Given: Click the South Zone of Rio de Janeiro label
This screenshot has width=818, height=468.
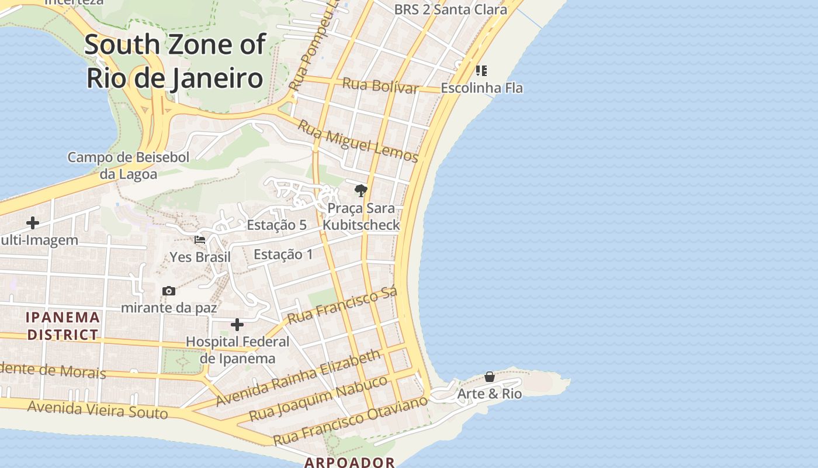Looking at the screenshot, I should (175, 61).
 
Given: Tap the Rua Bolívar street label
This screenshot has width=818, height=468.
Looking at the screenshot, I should (380, 85).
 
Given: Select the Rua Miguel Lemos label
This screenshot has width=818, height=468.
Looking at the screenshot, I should (358, 141).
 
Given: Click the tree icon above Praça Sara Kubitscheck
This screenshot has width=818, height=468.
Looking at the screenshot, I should (361, 190).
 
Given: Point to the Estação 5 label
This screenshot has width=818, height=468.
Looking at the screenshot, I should (276, 225).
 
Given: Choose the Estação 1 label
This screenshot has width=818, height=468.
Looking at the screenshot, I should (283, 254).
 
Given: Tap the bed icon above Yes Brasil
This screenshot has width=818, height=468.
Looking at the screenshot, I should (200, 240).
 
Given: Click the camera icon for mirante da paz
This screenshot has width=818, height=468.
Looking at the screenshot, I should (169, 291).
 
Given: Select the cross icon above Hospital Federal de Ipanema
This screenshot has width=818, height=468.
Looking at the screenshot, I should (237, 325).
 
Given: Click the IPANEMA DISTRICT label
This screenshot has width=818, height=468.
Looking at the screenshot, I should (63, 326).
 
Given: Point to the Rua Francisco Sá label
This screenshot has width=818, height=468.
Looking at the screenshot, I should (343, 305).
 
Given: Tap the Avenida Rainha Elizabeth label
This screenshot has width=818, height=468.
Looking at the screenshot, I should (298, 378).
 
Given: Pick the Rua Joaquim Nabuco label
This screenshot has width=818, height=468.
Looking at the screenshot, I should (318, 398).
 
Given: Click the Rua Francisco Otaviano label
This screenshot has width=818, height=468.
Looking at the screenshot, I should (351, 420).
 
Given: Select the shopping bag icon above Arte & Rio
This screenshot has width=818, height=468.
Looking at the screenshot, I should (490, 377).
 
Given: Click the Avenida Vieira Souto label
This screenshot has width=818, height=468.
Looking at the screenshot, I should (98, 410).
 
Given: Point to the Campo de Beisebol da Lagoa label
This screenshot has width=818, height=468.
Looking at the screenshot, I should (129, 166).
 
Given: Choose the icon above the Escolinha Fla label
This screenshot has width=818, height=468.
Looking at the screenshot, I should (481, 71).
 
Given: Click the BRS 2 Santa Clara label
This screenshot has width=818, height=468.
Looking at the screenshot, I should (442, 9).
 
